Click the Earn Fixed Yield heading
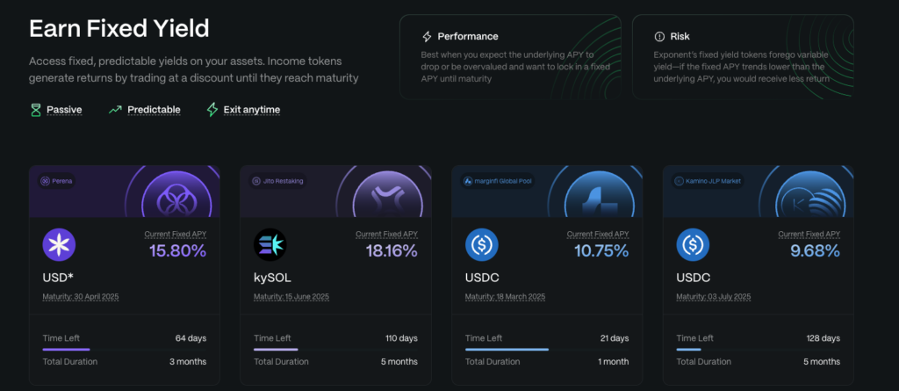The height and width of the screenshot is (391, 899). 119,29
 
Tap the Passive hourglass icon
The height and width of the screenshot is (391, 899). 35,110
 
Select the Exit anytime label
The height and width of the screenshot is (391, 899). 251,110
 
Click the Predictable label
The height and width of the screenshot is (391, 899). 154,110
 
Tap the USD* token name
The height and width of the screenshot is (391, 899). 59,278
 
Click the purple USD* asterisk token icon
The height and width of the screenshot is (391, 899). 60,243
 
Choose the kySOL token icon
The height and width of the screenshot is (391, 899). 270,243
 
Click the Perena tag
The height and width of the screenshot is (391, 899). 60,182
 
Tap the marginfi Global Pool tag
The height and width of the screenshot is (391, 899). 497,182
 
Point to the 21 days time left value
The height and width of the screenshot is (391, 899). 614,338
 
